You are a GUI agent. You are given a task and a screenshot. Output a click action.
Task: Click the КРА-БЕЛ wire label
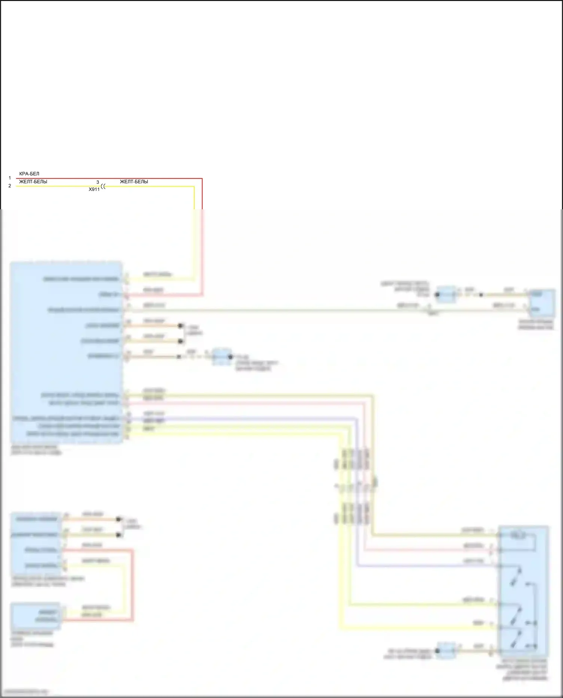[29, 174]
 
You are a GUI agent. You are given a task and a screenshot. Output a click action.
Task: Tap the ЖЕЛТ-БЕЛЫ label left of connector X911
[33, 182]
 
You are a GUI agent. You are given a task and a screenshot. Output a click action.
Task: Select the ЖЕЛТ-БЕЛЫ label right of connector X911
[134, 182]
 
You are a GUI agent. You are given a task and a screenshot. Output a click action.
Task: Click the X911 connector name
[94, 190]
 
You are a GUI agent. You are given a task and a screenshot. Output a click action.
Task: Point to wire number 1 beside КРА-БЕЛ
[10, 178]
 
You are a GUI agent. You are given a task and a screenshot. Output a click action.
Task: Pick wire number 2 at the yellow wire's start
[10, 186]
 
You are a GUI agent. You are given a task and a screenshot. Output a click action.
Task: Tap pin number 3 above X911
[98, 182]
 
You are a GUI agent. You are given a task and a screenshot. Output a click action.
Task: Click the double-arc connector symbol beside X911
[104, 186]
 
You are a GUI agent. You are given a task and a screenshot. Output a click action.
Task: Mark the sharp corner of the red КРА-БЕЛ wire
[202, 179]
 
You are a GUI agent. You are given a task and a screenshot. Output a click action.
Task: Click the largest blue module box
[66, 353]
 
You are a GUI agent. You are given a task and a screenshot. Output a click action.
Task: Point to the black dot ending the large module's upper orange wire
[181, 326]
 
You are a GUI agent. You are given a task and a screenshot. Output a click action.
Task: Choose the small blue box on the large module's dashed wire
[221, 357]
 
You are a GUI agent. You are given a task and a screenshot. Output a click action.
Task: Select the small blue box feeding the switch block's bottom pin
[446, 650]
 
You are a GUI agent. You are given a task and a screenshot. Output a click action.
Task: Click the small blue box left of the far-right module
[446, 295]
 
